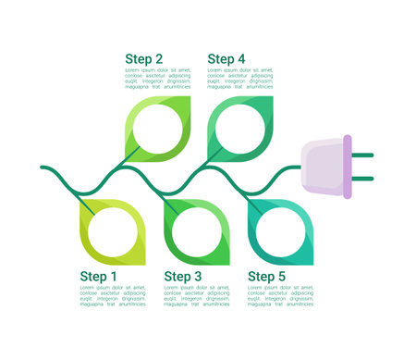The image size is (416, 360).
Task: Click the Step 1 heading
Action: click(x=99, y=276)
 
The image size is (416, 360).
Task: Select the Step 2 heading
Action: click(x=144, y=59)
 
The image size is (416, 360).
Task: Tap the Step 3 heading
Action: click(x=182, y=276)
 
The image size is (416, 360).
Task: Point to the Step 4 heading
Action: click(x=226, y=59)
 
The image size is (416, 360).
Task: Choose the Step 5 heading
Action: click(x=267, y=276)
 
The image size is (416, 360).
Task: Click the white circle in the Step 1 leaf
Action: click(x=111, y=230)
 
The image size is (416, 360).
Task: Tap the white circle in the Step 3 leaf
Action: click(x=195, y=230)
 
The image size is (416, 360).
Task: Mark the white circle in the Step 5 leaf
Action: click(x=278, y=230)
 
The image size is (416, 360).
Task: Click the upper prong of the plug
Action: click(x=362, y=155)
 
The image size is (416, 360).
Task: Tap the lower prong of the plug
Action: click(x=362, y=179)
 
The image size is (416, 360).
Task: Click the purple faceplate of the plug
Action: click(x=348, y=167)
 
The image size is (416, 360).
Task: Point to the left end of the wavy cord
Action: click(x=43, y=168)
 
